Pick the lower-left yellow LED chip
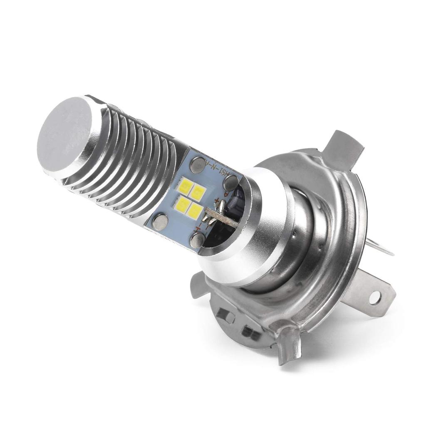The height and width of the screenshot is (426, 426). pos(182,203)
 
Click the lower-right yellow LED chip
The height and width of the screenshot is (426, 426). pos(196,211)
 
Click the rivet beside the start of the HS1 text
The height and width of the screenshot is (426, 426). pos(197,165)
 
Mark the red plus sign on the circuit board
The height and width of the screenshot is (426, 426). pos(217,202)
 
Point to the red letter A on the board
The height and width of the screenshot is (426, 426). pos(226,193)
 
